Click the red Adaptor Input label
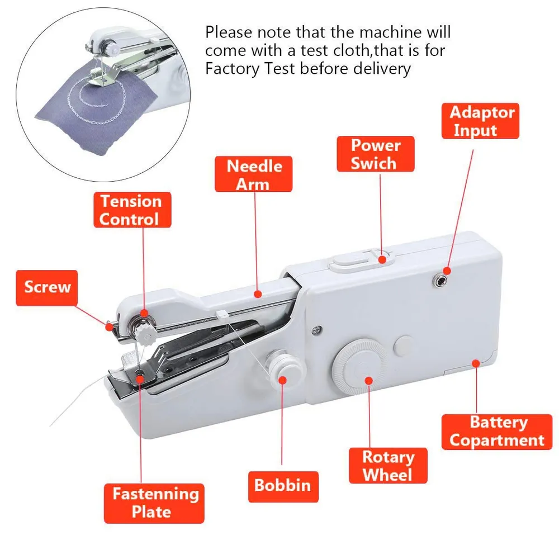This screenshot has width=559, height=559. [480, 121]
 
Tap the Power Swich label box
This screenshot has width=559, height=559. [376, 154]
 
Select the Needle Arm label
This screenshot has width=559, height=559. [253, 174]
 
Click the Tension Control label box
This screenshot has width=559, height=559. [132, 210]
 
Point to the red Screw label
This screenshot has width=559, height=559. [47, 288]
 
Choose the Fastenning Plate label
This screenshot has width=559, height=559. [154, 503]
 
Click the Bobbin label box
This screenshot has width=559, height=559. [283, 487]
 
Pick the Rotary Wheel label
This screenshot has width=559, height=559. [388, 466]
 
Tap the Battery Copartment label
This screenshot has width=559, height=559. [496, 432]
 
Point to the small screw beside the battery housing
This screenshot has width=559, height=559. [316, 330]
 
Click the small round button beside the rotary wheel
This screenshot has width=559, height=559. [403, 345]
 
